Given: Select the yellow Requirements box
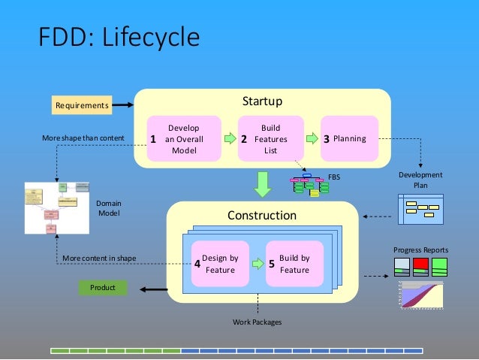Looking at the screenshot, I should [81, 106].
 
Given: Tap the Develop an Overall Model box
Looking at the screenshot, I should [184, 138].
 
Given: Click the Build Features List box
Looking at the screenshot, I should [270, 138].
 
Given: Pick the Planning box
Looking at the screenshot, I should [349, 138].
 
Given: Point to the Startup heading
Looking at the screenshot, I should [262, 101].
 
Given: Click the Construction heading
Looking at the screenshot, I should [262, 216].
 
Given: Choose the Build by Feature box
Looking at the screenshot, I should [294, 264].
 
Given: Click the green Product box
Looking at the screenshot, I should [103, 288].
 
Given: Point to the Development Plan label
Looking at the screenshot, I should [420, 180].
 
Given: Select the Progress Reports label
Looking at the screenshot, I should [420, 250].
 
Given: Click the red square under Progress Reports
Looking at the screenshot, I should [420, 265].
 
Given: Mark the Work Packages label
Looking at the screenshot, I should [257, 322].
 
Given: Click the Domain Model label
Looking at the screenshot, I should [110, 208].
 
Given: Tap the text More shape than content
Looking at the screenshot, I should [83, 138].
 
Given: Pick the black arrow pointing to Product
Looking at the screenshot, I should [148, 289].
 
